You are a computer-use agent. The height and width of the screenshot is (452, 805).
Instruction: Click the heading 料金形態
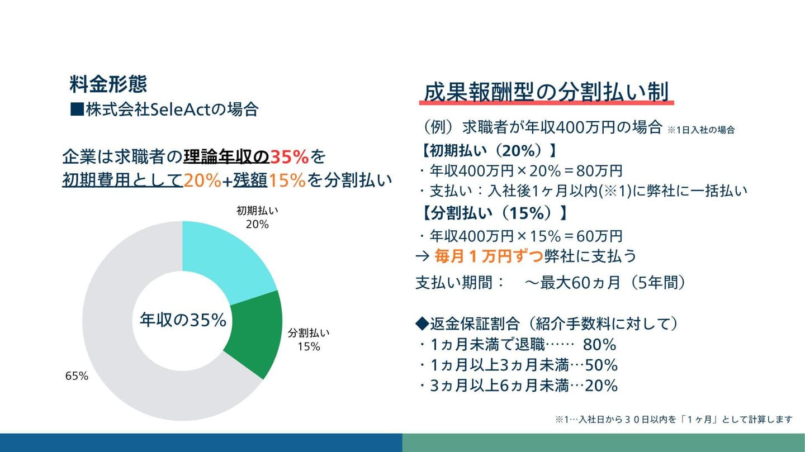click(x=108, y=84)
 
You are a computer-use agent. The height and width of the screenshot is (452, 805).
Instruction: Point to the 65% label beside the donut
click(x=77, y=376)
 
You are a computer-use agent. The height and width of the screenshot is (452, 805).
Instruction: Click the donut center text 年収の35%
click(x=183, y=320)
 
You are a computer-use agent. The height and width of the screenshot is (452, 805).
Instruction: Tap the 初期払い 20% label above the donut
click(x=257, y=218)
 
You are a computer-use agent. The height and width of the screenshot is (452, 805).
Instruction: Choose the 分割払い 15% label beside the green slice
click(x=309, y=340)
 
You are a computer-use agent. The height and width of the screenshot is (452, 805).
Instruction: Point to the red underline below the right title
click(x=546, y=103)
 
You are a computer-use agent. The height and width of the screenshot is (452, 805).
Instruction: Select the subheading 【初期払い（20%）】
click(x=490, y=151)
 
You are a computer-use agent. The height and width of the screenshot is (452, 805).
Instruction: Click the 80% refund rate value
click(x=599, y=344)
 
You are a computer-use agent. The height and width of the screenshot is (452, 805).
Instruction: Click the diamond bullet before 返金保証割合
click(x=422, y=323)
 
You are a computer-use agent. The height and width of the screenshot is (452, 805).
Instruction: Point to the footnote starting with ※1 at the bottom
click(x=674, y=419)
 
